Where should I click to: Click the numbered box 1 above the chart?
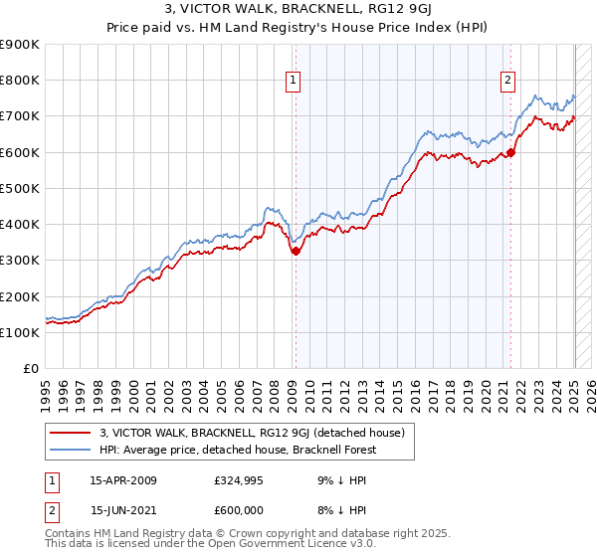(295, 82)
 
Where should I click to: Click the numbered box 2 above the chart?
(507, 82)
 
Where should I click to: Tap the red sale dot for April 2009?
(296, 252)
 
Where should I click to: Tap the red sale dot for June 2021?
(511, 152)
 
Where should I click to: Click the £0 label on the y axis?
(30, 368)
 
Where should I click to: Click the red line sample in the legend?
(70, 433)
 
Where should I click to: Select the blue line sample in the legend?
(70, 450)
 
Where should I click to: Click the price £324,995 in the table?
(240, 480)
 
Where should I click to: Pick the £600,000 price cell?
(240, 509)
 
